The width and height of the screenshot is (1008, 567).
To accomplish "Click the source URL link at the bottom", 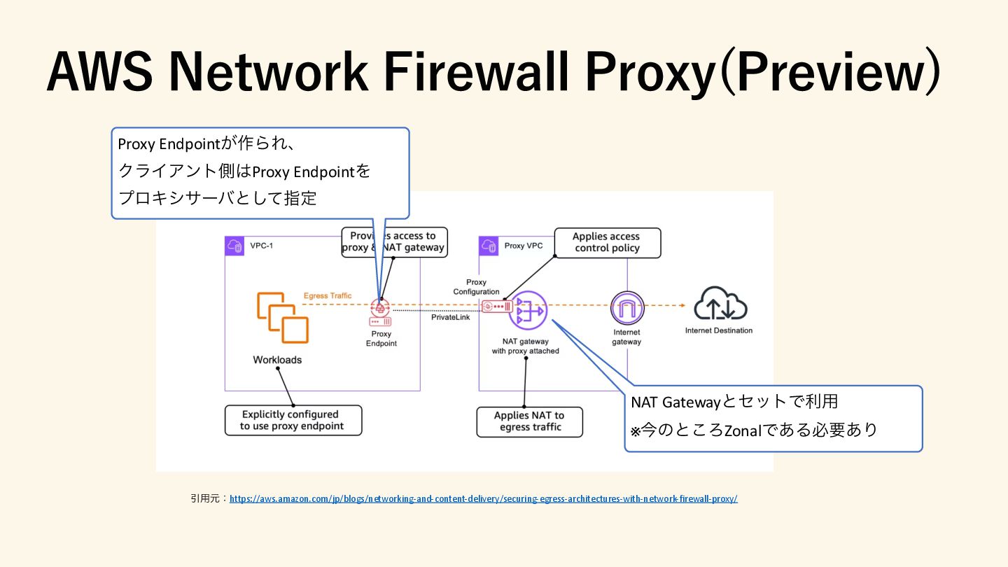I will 483,499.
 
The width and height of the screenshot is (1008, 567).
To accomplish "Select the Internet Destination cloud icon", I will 720,305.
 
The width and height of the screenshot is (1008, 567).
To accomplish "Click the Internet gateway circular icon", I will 626,309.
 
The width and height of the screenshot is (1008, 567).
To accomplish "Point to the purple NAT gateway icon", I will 528,310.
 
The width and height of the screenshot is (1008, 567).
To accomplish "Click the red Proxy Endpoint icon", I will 381,313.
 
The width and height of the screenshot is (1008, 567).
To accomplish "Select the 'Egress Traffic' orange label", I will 328,296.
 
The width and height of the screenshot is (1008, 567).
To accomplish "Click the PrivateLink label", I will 450,317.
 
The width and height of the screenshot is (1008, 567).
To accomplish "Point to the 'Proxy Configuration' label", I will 476,287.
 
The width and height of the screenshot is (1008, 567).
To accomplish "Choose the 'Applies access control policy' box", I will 607,242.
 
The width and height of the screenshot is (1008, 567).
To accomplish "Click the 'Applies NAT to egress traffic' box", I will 529,421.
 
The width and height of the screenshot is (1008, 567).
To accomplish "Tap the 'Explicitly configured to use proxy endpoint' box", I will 293,420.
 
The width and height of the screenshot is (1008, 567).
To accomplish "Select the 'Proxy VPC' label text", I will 524,246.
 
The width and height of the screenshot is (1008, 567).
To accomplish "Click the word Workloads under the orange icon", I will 277,360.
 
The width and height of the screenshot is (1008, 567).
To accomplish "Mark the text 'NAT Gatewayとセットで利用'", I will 734,402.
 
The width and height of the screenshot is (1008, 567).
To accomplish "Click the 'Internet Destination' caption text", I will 718,330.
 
